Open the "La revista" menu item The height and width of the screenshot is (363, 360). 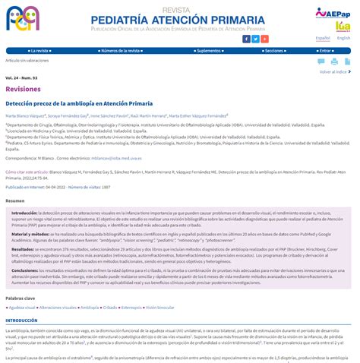point(43,50)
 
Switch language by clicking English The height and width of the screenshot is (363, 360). point(343,37)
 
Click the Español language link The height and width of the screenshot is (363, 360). point(323,37)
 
